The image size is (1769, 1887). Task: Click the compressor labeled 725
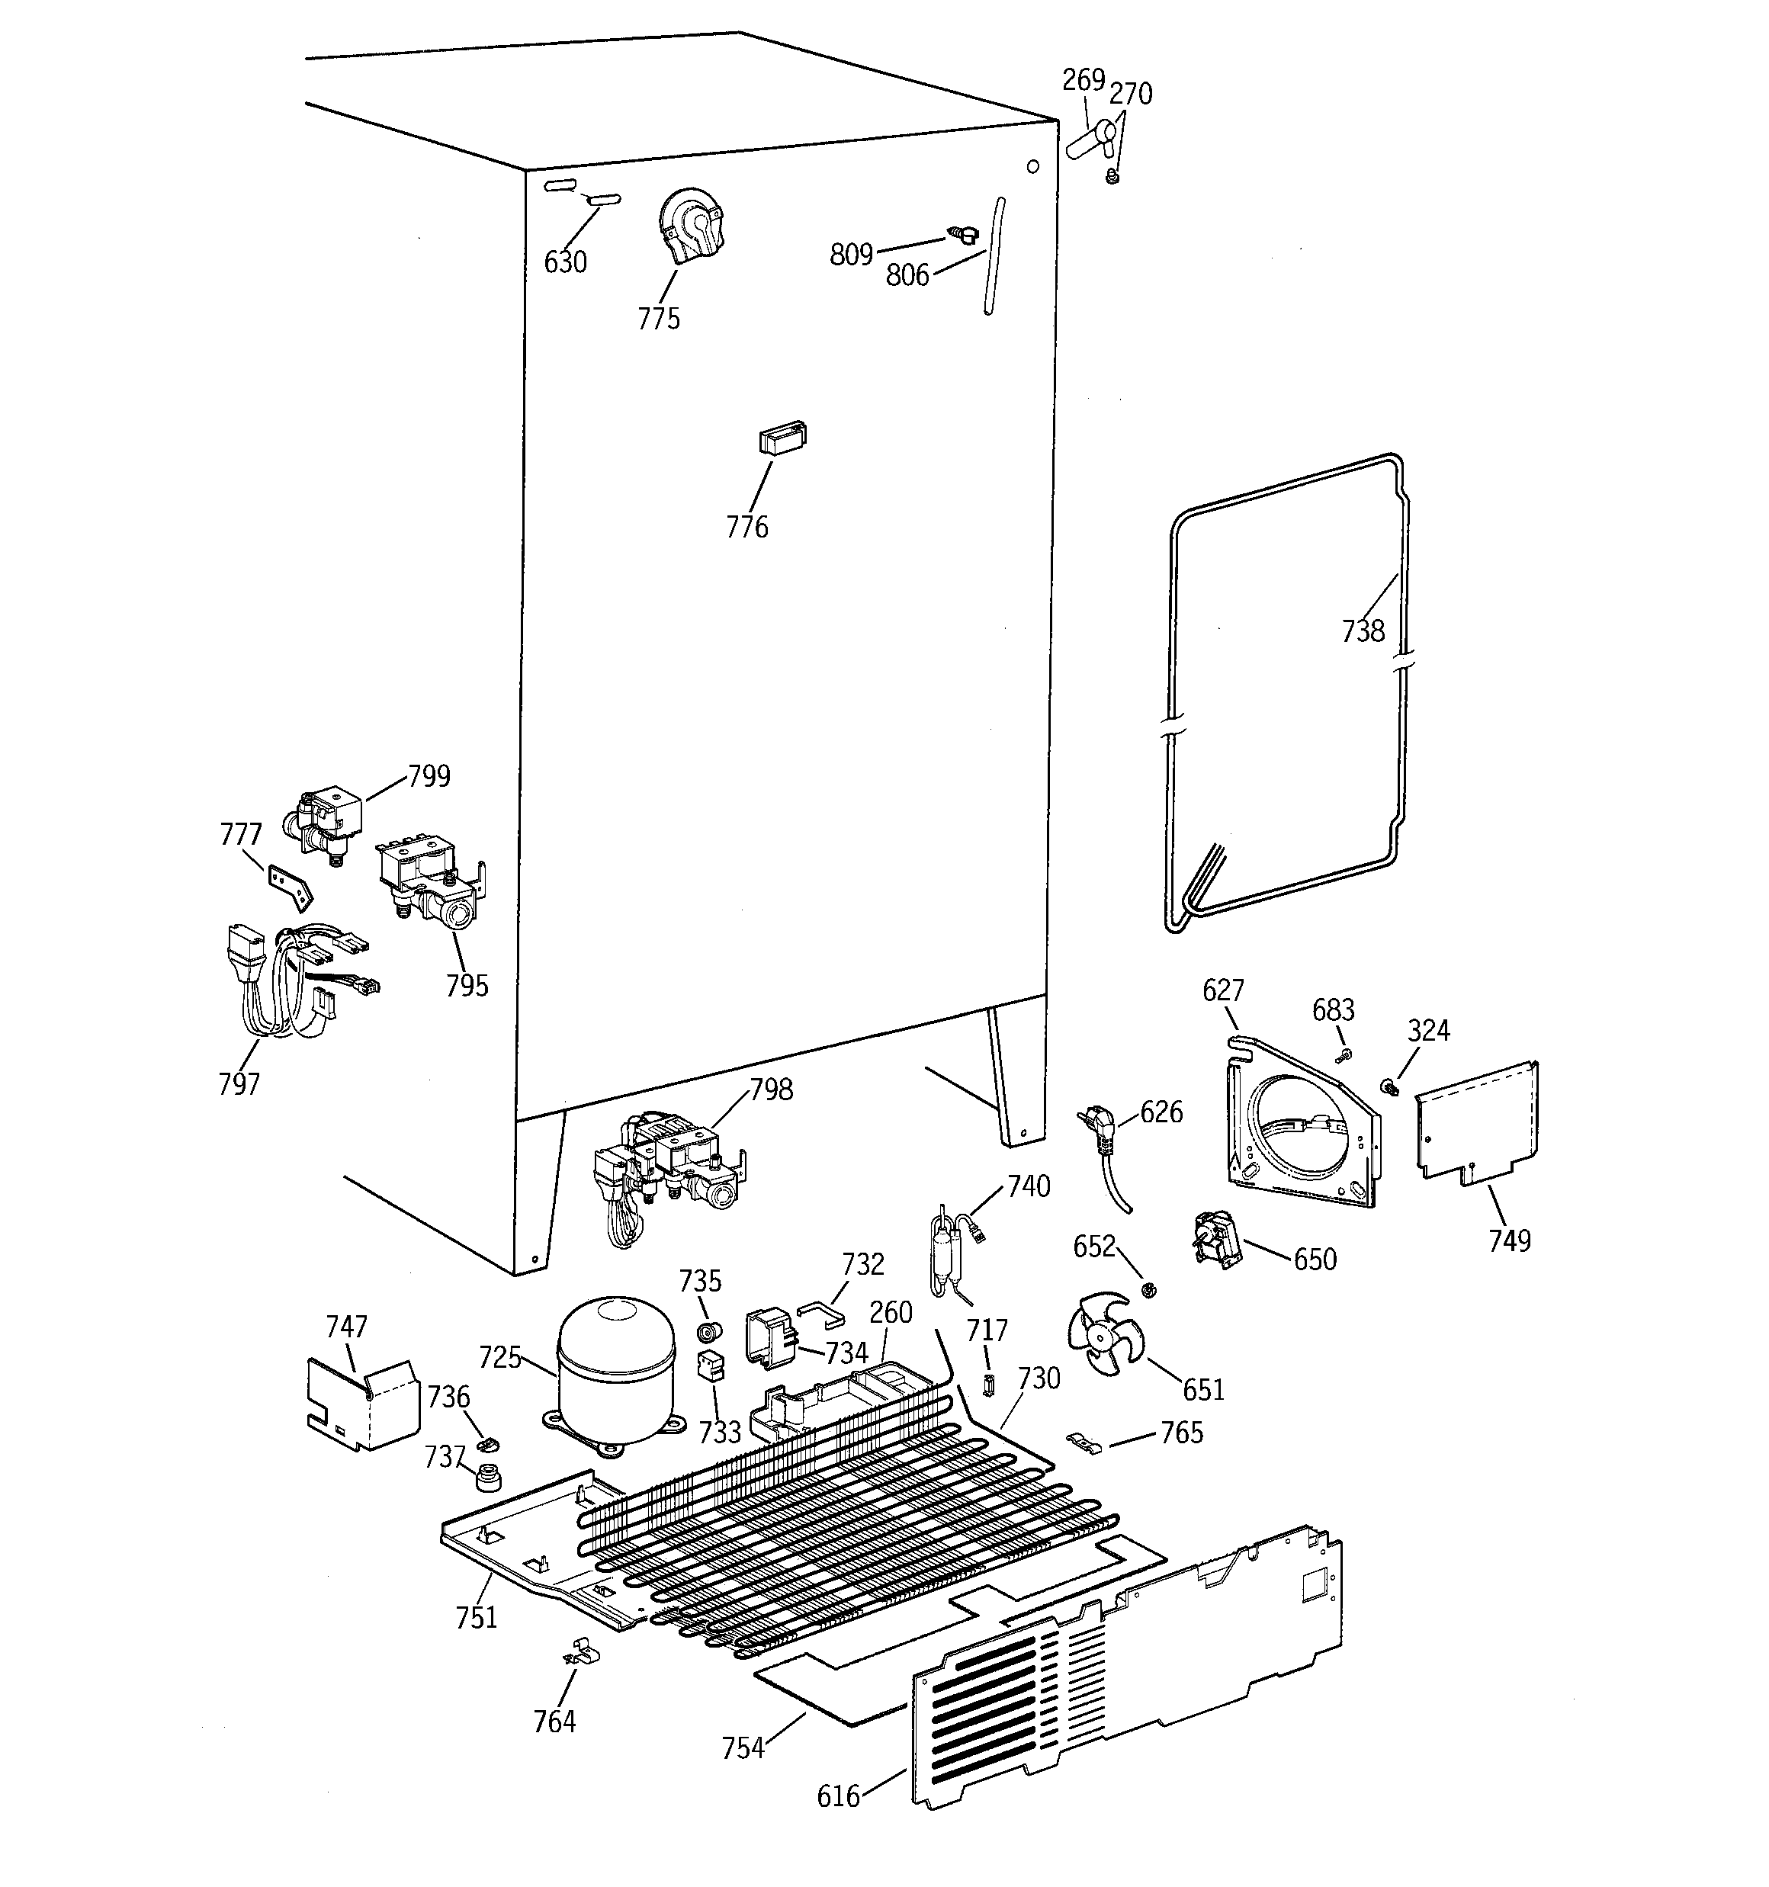[615, 1372]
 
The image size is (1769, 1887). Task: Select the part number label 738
[1363, 631]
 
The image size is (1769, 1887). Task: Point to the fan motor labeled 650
[1215, 1240]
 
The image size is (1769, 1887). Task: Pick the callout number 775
[659, 318]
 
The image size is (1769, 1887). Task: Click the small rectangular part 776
[782, 439]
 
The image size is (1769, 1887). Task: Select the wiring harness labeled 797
[285, 983]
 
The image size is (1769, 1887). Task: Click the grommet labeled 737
[489, 1477]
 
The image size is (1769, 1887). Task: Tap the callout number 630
[565, 262]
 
